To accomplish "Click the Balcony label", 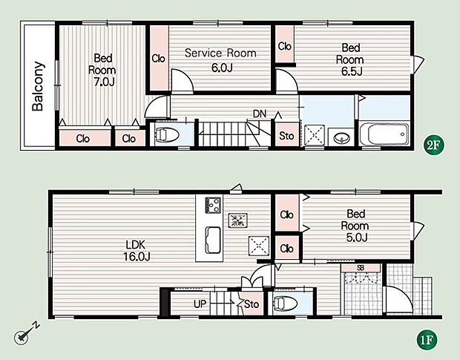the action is pyautogui.click(x=38, y=86).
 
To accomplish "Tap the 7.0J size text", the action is pyautogui.click(x=104, y=82).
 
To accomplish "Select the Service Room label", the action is pyautogui.click(x=220, y=53).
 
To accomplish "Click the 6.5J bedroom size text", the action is pyautogui.click(x=352, y=71).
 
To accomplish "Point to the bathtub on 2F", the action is pyautogui.click(x=384, y=134).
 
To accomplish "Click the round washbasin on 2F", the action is pyautogui.click(x=341, y=137).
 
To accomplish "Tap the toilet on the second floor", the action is pyautogui.click(x=166, y=135).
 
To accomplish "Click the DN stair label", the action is pyautogui.click(x=260, y=114).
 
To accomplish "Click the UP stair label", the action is pyautogui.click(x=200, y=304).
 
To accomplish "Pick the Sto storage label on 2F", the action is pyautogui.click(x=286, y=136).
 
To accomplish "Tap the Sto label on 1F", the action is pyautogui.click(x=252, y=304).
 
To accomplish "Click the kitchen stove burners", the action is pyautogui.click(x=213, y=205).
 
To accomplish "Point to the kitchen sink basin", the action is pyautogui.click(x=213, y=240).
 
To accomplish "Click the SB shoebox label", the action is pyautogui.click(x=361, y=267).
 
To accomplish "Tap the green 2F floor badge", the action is pyautogui.click(x=433, y=145).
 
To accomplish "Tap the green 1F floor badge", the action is pyautogui.click(x=427, y=340).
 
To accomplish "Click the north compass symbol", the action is pyautogui.click(x=26, y=333).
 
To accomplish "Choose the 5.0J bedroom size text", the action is pyautogui.click(x=357, y=238).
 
